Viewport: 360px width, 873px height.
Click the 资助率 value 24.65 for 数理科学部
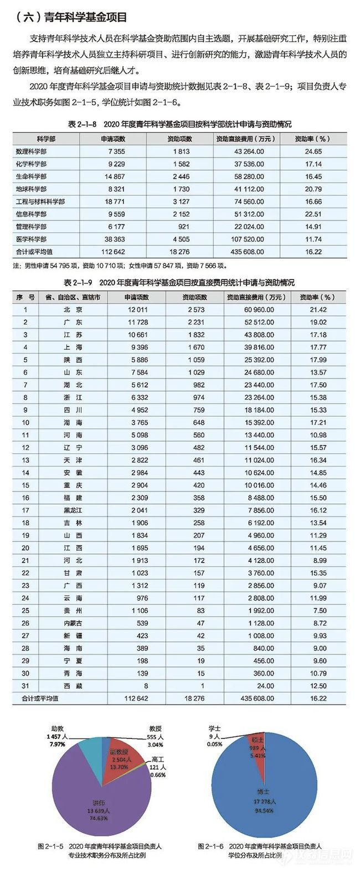coord(313,151)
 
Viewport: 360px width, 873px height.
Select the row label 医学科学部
coord(31,239)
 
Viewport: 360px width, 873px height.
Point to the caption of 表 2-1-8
coord(179,125)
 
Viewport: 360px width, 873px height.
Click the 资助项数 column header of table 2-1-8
coord(179,138)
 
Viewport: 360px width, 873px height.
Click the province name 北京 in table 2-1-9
coord(72,309)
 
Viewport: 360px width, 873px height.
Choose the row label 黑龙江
coord(72,510)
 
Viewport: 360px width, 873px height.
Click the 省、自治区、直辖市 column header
coord(72,297)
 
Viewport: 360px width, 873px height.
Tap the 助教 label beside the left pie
coord(58,729)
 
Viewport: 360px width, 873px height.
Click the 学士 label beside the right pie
coord(214,729)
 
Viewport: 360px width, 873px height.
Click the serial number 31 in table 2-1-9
coord(25,686)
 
